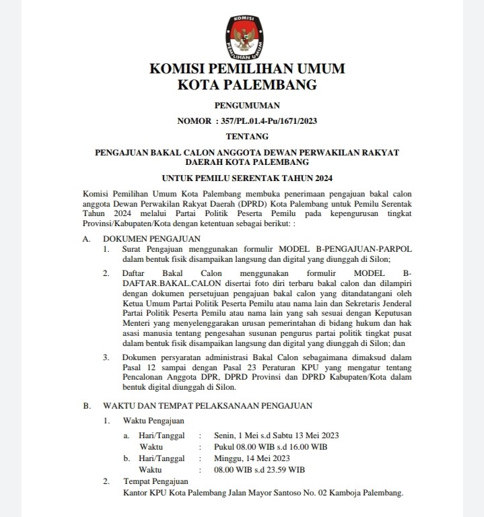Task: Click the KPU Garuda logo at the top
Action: click(246, 32)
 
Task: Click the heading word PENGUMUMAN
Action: click(246, 106)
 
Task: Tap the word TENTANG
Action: click(246, 137)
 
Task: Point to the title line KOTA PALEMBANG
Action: click(246, 85)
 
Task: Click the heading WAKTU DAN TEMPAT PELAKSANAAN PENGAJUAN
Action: click(207, 406)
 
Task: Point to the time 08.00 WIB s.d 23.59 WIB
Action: click(259, 469)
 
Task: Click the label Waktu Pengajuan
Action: click(153, 421)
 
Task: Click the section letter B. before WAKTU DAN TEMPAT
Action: click(87, 406)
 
